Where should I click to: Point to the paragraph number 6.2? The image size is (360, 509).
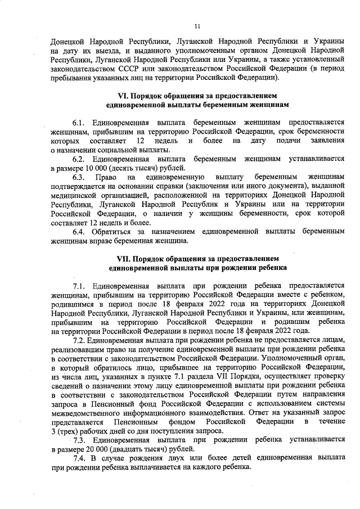click(78, 159)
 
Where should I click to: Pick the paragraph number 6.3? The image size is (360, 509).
click(78, 178)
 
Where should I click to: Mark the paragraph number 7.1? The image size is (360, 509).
click(78, 285)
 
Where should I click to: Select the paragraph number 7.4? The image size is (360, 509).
click(78, 457)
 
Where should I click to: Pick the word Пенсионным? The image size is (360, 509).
click(136, 421)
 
